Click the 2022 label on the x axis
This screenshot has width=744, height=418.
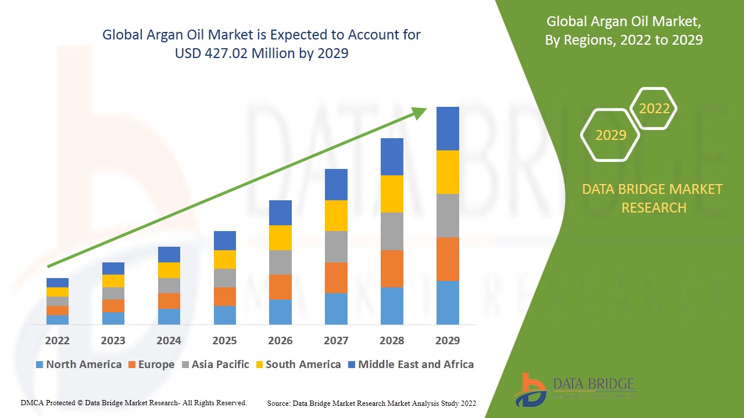[x=57, y=340]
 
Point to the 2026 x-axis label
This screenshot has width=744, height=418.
[x=280, y=340]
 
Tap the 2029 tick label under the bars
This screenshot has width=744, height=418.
[x=447, y=340]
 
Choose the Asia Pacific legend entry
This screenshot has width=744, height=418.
[x=215, y=365]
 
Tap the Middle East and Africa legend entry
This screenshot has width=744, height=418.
[x=410, y=365]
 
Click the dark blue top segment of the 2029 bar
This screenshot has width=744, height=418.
[x=448, y=128]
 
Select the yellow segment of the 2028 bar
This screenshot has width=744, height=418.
[x=392, y=194]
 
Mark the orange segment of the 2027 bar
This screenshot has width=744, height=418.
[x=336, y=278]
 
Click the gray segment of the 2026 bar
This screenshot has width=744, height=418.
[x=280, y=262]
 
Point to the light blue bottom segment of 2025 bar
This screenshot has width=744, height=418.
[x=224, y=315]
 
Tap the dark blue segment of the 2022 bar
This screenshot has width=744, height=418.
[x=58, y=283]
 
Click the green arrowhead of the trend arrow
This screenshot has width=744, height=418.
[x=420, y=111]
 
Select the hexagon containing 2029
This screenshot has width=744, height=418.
[x=610, y=135]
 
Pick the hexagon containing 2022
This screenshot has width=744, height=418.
[x=654, y=109]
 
